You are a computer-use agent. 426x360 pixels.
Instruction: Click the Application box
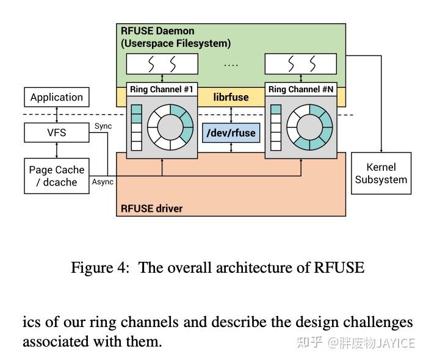(x=56, y=97)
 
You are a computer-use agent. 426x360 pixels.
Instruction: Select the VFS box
(x=56, y=132)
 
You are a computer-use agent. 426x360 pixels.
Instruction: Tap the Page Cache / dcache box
(x=56, y=176)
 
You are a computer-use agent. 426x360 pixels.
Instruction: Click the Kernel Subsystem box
(x=381, y=173)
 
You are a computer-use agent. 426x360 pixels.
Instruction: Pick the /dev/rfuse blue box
(x=231, y=132)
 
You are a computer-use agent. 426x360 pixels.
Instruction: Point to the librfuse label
(x=231, y=96)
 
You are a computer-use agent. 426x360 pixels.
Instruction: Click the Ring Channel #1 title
(x=162, y=90)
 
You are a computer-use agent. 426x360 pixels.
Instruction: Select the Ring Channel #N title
(x=301, y=90)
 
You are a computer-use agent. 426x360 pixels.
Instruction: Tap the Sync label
(x=103, y=126)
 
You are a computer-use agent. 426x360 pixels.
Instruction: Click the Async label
(x=103, y=181)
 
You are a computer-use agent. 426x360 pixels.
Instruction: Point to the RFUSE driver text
(x=151, y=208)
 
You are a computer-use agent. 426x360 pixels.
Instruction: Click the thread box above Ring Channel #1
(x=162, y=63)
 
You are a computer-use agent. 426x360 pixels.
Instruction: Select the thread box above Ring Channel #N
(x=300, y=63)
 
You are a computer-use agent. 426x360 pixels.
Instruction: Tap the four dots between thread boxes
(x=231, y=63)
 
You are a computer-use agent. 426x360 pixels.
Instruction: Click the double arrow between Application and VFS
(x=56, y=114)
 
